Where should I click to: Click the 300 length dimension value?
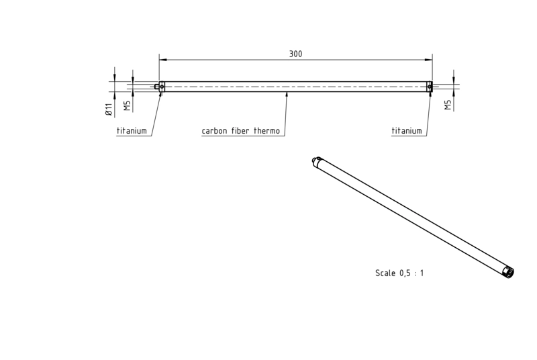[x=295, y=54]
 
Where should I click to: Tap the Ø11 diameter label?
[x=109, y=109]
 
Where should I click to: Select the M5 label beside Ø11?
[x=127, y=105]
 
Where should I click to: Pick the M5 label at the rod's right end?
[x=448, y=105]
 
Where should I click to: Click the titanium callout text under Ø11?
[x=132, y=131]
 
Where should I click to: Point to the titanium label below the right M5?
[x=407, y=131]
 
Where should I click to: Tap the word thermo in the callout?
[x=266, y=131]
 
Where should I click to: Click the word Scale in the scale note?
[x=385, y=273]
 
